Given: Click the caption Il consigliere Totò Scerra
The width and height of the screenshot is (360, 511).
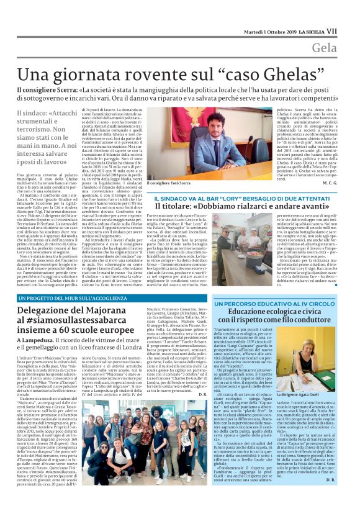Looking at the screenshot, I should (169, 184).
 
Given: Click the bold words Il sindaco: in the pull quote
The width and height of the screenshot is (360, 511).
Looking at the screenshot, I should (33, 115).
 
